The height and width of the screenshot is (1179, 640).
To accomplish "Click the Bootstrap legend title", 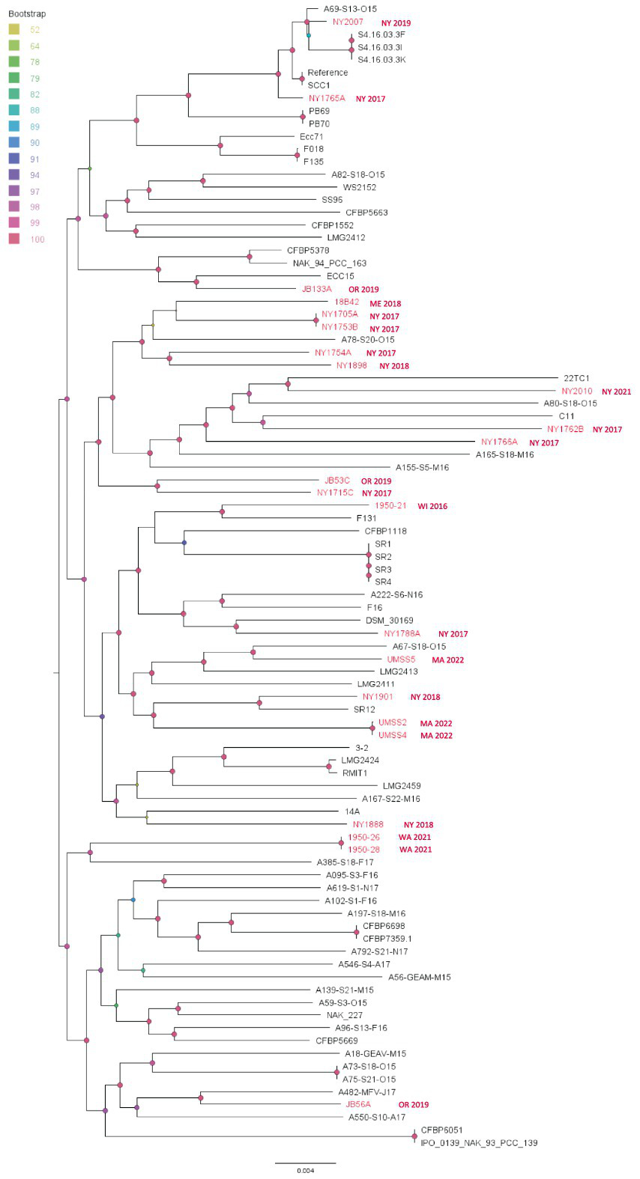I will pos(24,14).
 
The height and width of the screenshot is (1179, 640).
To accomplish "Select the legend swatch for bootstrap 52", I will pos(14,30).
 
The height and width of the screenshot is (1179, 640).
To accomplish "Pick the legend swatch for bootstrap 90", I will pos(14,143).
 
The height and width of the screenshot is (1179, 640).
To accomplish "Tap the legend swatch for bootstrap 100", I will pos(14,240).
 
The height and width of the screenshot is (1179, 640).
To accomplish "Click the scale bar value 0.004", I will pos(304,1171).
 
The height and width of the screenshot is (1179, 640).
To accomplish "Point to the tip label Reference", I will pos(327,73).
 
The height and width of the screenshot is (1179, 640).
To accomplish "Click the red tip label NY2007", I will pos(348,22).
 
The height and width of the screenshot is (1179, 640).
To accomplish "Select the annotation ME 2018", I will pos(385,304).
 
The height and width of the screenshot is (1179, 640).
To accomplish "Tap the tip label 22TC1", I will pos(576,378).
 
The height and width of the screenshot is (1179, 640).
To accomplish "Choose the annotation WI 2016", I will pos(432,507).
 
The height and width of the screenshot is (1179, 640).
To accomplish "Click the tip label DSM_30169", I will pos(389,621).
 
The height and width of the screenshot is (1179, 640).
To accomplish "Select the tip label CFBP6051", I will pos(441,1130).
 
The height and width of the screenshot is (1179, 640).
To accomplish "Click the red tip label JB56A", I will pos(357,1104).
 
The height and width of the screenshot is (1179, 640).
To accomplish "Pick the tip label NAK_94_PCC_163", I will pos(329,263).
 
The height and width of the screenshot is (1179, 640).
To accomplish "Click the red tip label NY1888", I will pos(367,825).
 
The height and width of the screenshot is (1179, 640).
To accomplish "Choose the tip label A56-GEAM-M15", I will pos(419,977).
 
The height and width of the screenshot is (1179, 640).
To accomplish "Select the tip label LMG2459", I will pos(401,786).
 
